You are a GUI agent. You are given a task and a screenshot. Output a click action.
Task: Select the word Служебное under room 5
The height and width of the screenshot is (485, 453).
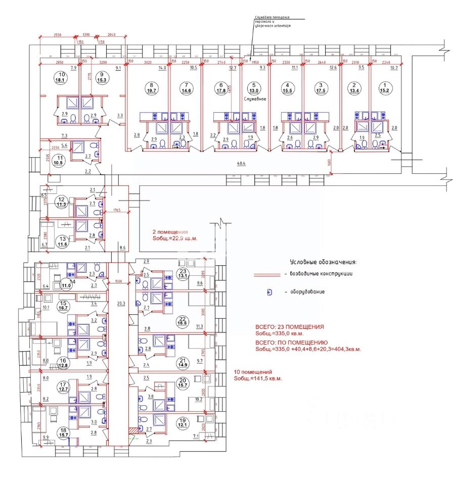(255, 99)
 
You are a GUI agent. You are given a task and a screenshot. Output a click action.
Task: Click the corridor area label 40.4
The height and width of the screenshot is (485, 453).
(242, 164)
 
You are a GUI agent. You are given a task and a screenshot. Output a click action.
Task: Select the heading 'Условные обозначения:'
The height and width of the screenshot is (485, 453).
(323, 263)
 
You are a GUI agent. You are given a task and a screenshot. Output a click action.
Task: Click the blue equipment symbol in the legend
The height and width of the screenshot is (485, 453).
(269, 292)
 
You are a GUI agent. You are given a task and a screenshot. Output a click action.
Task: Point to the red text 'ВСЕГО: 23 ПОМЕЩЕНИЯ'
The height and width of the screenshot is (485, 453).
(290, 327)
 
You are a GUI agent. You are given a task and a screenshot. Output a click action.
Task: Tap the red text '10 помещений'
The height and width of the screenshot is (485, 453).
(252, 372)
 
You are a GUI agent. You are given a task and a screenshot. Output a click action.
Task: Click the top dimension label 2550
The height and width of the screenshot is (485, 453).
(58, 35)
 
